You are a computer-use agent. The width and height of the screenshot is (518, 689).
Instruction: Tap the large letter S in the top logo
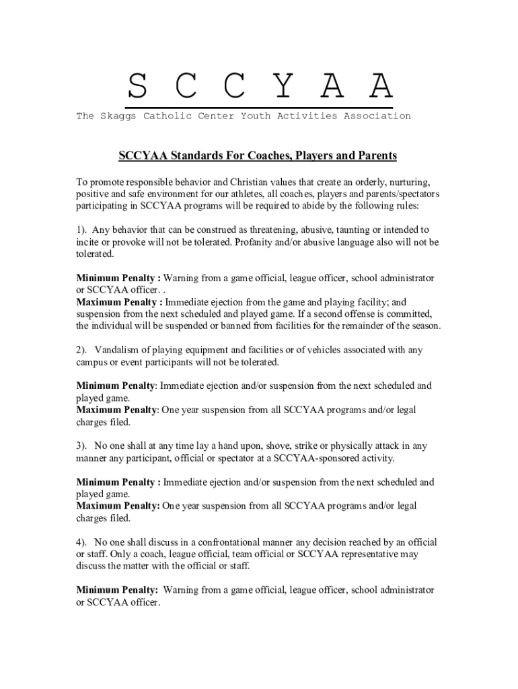point(137,86)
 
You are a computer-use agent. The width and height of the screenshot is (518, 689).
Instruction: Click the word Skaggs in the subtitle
point(119,116)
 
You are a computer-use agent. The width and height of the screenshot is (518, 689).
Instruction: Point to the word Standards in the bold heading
point(199,156)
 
